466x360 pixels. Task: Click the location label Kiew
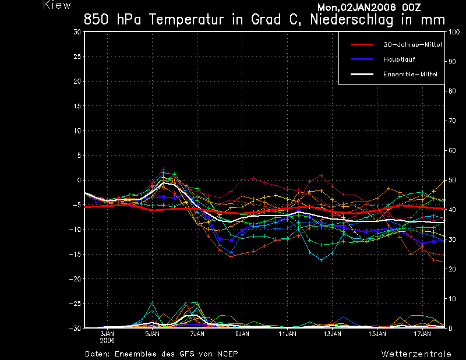[x=57, y=5]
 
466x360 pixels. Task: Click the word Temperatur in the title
[x=186, y=20]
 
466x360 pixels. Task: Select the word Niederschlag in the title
[x=352, y=20]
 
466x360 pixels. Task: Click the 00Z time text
[x=411, y=7]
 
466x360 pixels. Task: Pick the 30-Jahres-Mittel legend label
[x=412, y=44]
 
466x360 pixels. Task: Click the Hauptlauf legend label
[x=399, y=59]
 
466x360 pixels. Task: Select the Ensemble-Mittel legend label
[x=410, y=74]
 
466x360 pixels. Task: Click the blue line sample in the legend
[x=362, y=59]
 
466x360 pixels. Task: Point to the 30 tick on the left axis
[x=77, y=32]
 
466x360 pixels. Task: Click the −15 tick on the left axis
[x=75, y=254]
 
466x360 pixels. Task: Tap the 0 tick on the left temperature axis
[x=79, y=180]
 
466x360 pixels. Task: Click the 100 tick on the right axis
[x=454, y=32]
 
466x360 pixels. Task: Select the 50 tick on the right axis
[x=452, y=180]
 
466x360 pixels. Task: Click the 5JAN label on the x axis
[x=152, y=334]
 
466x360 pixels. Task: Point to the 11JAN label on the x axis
[x=287, y=334]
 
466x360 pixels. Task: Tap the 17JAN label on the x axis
[x=422, y=334]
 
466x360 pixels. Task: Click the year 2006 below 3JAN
[x=107, y=341]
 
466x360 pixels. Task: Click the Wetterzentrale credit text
[x=416, y=354]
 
